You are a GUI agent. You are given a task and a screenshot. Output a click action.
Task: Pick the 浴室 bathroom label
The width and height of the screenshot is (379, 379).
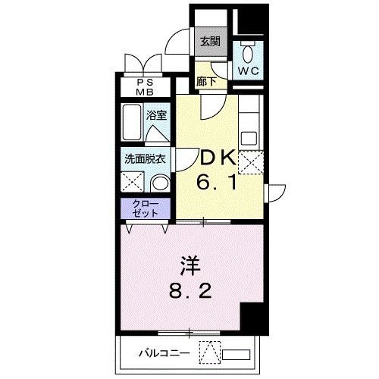click(157, 116)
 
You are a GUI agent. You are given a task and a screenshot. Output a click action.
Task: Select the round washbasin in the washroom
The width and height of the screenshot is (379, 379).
click(160, 184)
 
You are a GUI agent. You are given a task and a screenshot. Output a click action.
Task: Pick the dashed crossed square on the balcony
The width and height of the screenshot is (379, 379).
click(209, 352)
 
